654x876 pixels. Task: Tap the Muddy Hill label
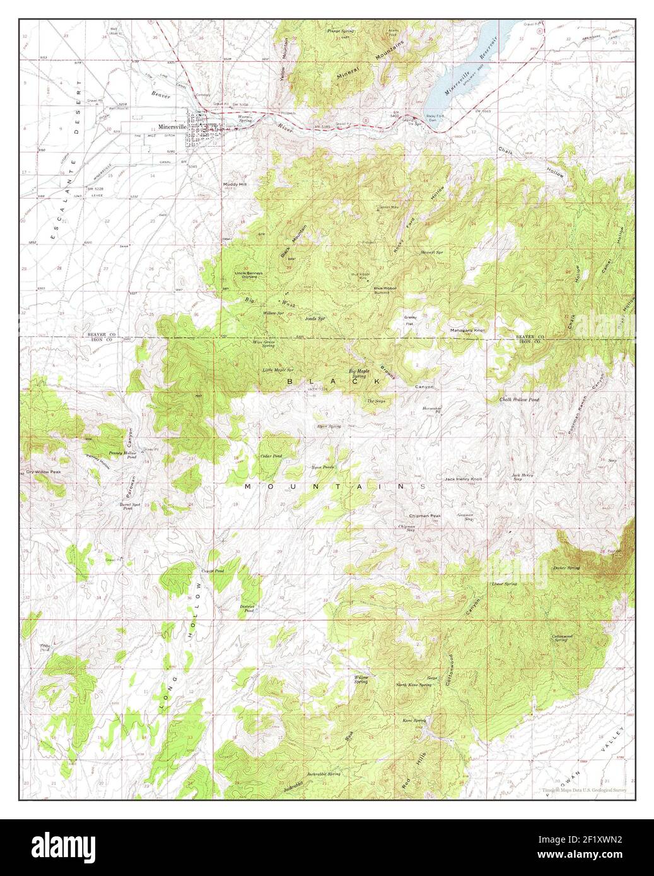tap(235, 185)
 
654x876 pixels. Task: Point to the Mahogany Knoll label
tap(467, 330)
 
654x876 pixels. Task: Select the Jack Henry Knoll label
tap(463, 479)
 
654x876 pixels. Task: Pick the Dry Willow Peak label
tap(42, 471)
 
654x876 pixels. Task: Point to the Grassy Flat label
tap(411, 320)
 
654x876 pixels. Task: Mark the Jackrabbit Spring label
tap(324, 773)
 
